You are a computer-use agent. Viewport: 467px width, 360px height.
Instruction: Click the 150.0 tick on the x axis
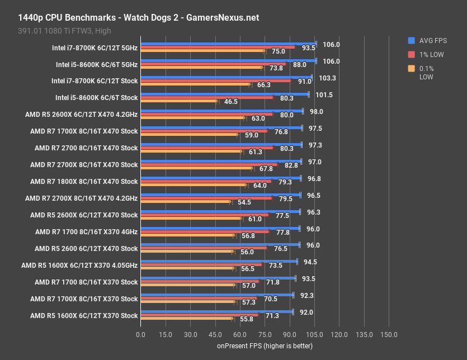(389, 334)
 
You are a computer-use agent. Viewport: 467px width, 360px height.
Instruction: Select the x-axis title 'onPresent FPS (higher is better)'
(265, 346)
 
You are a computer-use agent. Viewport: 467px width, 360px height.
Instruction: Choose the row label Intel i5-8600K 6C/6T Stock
(97, 98)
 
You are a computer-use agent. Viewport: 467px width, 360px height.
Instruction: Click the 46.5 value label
(231, 102)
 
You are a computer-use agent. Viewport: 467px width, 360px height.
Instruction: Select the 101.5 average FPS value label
(324, 95)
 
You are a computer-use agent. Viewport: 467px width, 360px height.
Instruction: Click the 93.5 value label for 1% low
(308, 48)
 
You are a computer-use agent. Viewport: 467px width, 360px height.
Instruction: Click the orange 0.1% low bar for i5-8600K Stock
(178, 102)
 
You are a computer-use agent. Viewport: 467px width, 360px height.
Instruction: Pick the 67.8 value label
(266, 169)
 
